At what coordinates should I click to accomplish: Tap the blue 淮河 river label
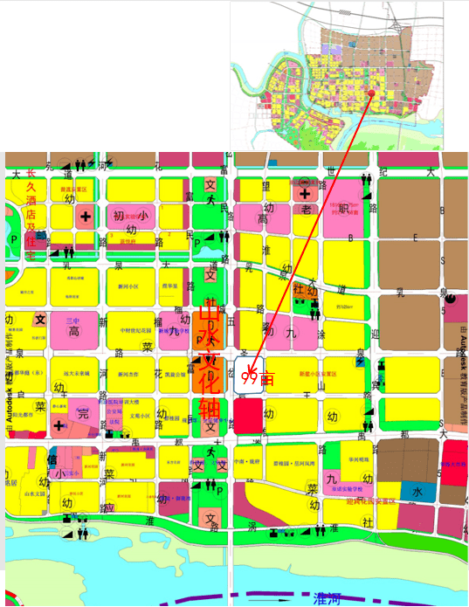click(327, 597)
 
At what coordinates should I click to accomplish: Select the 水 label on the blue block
click(417, 493)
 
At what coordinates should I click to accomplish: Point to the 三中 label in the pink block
click(72, 321)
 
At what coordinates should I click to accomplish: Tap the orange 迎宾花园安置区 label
click(370, 501)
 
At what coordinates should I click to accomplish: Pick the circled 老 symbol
click(306, 210)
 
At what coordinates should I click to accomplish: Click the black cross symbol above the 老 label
click(304, 193)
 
